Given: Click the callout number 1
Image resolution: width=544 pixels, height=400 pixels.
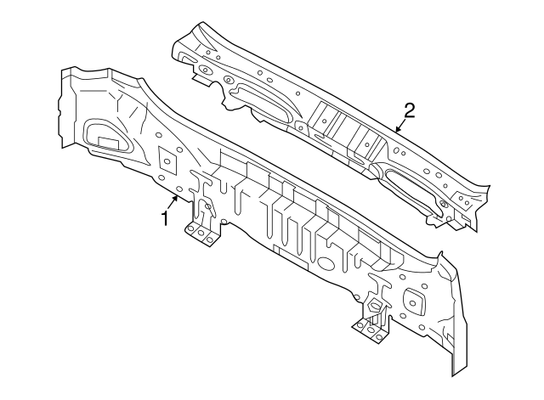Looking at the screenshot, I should (164, 218).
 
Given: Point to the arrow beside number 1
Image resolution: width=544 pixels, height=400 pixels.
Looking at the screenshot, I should (174, 201).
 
